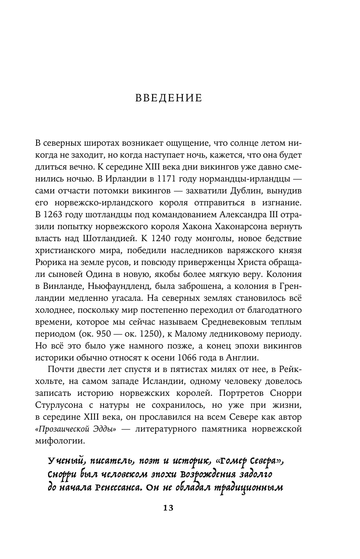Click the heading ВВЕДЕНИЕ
pos(168,98)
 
